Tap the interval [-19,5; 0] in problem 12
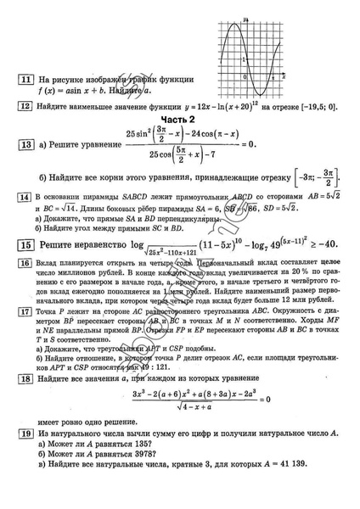click(x=313, y=107)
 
